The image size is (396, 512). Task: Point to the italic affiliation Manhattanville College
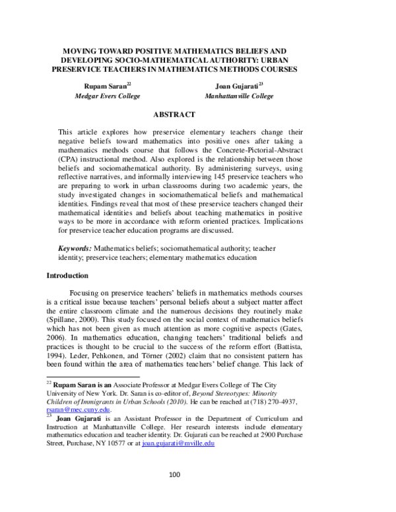pyautogui.click(x=238, y=96)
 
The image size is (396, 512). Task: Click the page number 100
pyautogui.click(x=176, y=493)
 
